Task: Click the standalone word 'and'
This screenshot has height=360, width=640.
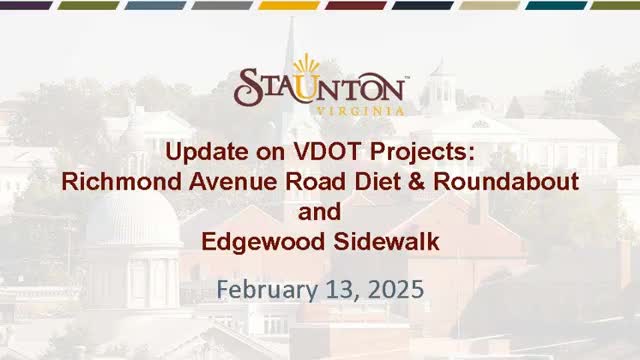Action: point(319,212)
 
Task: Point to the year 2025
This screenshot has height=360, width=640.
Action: point(392,290)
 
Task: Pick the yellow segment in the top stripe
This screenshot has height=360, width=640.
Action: point(289,5)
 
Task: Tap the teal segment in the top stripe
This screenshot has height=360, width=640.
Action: point(556,5)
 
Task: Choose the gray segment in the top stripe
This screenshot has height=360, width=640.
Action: point(221,5)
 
